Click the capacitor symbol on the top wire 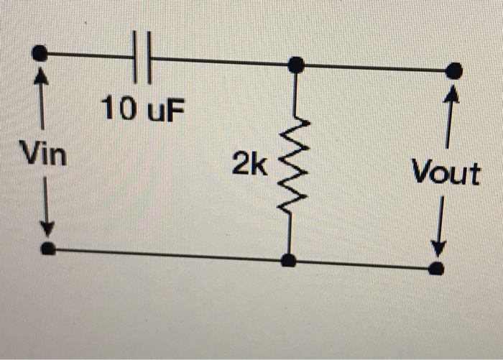142,57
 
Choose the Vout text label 446,173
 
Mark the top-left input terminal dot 41,52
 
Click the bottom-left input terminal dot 47,249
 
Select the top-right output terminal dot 453,70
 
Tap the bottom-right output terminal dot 436,269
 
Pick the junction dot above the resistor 295,65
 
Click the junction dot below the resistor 288,260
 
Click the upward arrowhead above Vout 452,93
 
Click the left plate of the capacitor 136,57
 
